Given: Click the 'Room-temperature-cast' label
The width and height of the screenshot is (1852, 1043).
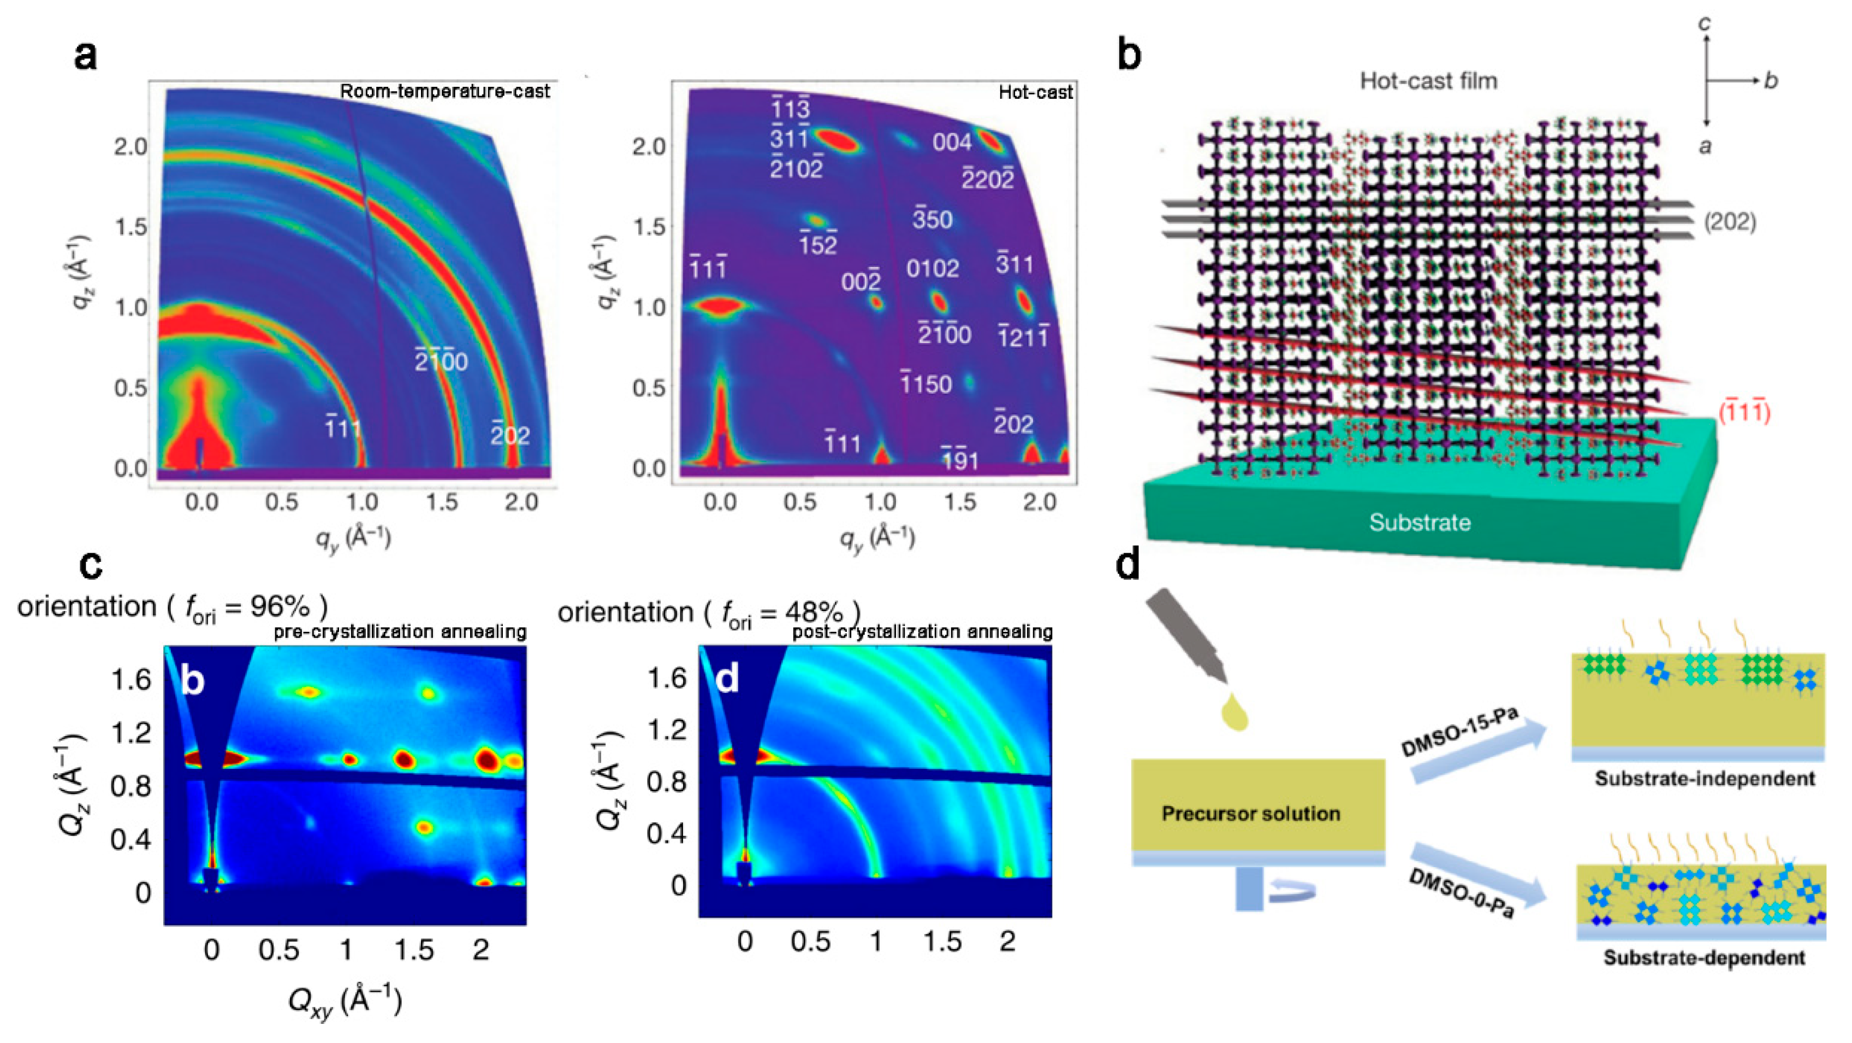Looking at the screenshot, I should tap(444, 91).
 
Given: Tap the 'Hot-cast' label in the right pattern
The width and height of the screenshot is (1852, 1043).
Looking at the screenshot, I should tap(1035, 92).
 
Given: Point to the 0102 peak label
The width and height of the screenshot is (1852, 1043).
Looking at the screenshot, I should tap(933, 269).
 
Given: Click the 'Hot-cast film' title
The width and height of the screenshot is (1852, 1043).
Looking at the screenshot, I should tap(1428, 80).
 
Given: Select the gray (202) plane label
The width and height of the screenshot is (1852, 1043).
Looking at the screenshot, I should tap(1730, 222).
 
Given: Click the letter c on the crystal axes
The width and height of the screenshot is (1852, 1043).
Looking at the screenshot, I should tap(1705, 23).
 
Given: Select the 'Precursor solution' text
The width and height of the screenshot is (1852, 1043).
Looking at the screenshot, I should tap(1250, 814).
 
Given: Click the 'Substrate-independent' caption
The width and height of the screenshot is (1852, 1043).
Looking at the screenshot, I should tap(1705, 779).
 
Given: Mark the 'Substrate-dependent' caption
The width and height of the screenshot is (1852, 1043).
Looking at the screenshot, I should tap(1704, 958).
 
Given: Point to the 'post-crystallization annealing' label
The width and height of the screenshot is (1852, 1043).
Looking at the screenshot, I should tap(922, 632).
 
